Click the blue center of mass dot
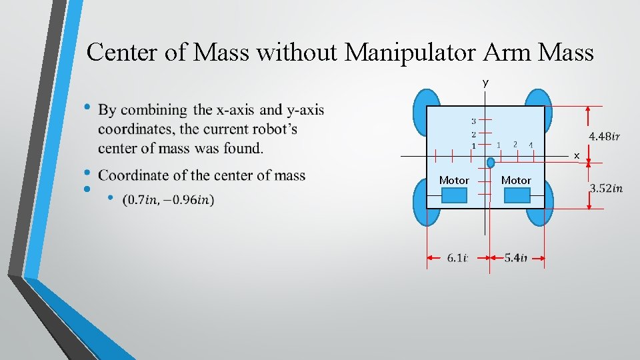[491, 162]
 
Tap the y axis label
[485, 83]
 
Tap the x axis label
[577, 155]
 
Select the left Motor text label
[454, 180]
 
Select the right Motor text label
[516, 180]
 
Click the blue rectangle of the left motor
[455, 195]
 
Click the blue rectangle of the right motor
[517, 195]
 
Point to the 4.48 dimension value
[605, 137]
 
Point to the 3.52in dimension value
[606, 189]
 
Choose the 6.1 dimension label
[457, 258]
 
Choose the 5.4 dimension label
[515, 258]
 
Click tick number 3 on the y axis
[473, 121]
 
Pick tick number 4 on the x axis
[531, 145]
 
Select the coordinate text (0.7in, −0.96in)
[169, 199]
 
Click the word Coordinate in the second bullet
[135, 175]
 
